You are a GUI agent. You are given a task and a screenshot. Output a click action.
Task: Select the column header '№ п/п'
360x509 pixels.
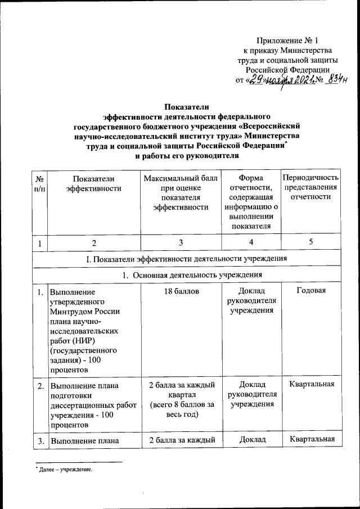[40, 184]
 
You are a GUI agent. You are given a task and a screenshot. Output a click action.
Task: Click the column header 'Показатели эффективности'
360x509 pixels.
[93, 184]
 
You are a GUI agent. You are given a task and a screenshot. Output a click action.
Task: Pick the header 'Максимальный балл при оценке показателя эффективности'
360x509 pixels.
[180, 193]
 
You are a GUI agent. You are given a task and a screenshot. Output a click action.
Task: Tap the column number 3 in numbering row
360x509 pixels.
[180, 243]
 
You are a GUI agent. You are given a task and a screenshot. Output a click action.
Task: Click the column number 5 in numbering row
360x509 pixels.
[311, 243]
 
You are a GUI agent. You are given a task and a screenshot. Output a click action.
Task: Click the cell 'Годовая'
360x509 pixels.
[311, 291]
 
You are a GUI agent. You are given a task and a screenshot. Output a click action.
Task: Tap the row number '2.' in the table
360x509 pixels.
[40, 386]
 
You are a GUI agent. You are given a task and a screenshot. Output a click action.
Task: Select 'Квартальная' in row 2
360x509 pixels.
[311, 385]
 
